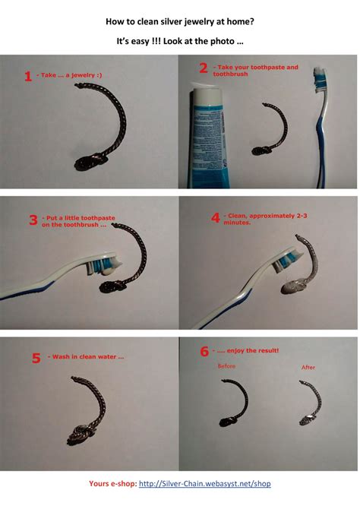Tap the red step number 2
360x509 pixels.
pyautogui.click(x=203, y=68)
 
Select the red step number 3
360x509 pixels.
pyautogui.click(x=33, y=220)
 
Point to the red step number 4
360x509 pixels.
pyautogui.click(x=216, y=218)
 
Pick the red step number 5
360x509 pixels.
pyautogui.click(x=36, y=358)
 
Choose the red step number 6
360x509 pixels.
pyautogui.click(x=204, y=351)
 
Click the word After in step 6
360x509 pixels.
pyautogui.click(x=308, y=368)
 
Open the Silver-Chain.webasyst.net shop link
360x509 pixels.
pyautogui.click(x=204, y=483)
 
